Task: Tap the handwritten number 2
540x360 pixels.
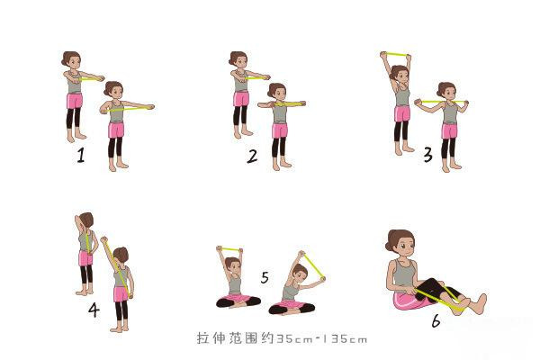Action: [252, 156]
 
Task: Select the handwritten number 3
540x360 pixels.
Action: [427, 155]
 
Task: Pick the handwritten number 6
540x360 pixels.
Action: [436, 319]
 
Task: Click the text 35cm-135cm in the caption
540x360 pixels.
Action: [321, 339]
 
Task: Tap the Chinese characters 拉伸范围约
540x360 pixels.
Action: [234, 339]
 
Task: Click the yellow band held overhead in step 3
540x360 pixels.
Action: [394, 54]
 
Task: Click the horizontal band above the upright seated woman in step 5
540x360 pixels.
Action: [230, 249]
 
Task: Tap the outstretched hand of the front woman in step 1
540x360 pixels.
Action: [149, 106]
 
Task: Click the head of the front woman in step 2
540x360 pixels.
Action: [278, 92]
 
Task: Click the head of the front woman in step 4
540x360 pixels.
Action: [121, 256]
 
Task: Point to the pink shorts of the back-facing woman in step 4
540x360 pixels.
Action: [85, 259]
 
